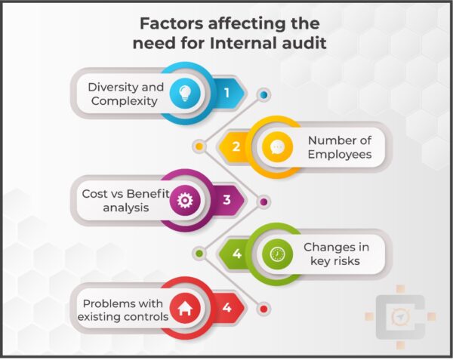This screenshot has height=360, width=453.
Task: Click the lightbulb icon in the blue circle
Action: pyautogui.click(x=184, y=93)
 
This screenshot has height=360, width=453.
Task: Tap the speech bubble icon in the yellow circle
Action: pyautogui.click(x=277, y=146)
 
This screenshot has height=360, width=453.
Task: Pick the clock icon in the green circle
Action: pyautogui.click(x=277, y=254)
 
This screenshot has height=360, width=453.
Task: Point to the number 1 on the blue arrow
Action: pyautogui.click(x=226, y=93)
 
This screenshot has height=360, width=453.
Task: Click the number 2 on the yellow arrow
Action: pyautogui.click(x=236, y=146)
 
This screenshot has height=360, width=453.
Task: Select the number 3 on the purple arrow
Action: pyautogui.click(x=226, y=200)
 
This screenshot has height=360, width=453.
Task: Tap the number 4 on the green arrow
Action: pyautogui.click(x=236, y=254)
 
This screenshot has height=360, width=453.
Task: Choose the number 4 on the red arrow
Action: pyautogui.click(x=226, y=307)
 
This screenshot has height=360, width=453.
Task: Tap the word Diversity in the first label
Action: pyautogui.click(x=112, y=86)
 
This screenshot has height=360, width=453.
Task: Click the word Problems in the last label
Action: pyautogui.click(x=111, y=303)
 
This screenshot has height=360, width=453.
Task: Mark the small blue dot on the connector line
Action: pyautogui.click(x=263, y=95)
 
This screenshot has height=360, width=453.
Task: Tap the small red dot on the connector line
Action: pyautogui.click(x=263, y=309)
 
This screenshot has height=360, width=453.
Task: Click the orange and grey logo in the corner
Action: pyautogui.click(x=399, y=315)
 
